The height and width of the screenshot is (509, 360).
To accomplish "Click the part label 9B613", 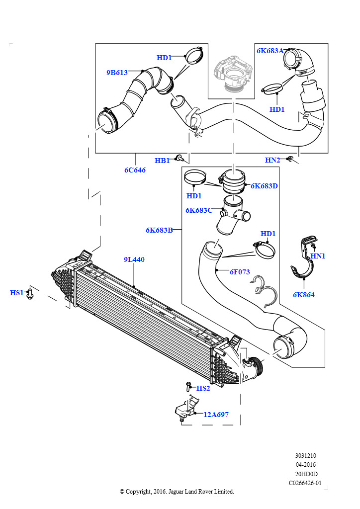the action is [x=117, y=73].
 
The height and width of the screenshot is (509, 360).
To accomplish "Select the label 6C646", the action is [x=135, y=170].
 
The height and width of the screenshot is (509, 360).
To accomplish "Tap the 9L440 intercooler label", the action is [x=134, y=259].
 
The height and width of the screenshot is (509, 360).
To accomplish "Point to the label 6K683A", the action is [x=270, y=51].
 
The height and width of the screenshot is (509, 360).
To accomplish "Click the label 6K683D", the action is [x=264, y=186].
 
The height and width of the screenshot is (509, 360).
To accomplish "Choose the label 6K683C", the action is [x=199, y=210].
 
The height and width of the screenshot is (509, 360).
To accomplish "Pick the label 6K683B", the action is [x=159, y=230].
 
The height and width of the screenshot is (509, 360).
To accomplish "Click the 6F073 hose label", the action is [x=240, y=272].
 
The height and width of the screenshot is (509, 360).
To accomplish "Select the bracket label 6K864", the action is [x=304, y=295].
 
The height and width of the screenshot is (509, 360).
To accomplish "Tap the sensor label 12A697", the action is [x=216, y=415].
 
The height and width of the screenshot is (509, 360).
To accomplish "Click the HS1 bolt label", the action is [x=17, y=293].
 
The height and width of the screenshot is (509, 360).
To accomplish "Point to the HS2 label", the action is [x=203, y=388].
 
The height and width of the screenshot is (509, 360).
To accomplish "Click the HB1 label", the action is [x=162, y=161].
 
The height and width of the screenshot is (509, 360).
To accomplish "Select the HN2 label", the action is [x=272, y=160].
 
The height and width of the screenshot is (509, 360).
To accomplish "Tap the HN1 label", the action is [x=318, y=256].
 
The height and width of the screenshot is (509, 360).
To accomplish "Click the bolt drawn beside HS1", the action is [x=30, y=293].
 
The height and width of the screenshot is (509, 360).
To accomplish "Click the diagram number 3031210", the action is [x=305, y=456].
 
